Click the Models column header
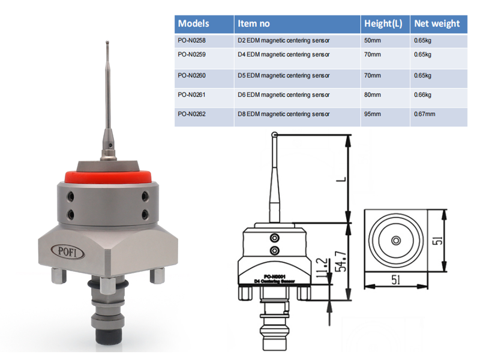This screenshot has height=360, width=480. coord(194,24)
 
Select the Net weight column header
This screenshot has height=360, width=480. coord(437,24)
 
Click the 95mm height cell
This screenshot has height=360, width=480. coord(373,113)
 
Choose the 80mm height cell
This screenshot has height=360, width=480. coord(373,95)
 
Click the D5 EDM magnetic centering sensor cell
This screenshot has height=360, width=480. coord(284,76)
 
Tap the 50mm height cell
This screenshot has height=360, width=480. coord(373,40)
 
